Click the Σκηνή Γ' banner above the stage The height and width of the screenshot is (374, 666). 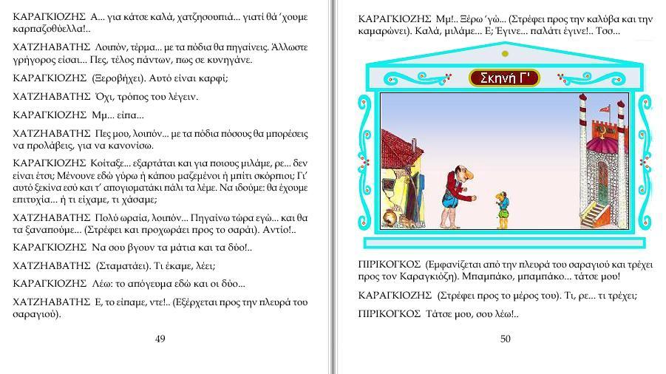(x=504, y=78)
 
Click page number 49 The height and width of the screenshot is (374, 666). (x=160, y=339)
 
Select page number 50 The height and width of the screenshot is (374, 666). (x=505, y=339)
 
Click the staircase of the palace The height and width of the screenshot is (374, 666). (x=595, y=215)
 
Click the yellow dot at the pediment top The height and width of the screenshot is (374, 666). (x=505, y=53)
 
